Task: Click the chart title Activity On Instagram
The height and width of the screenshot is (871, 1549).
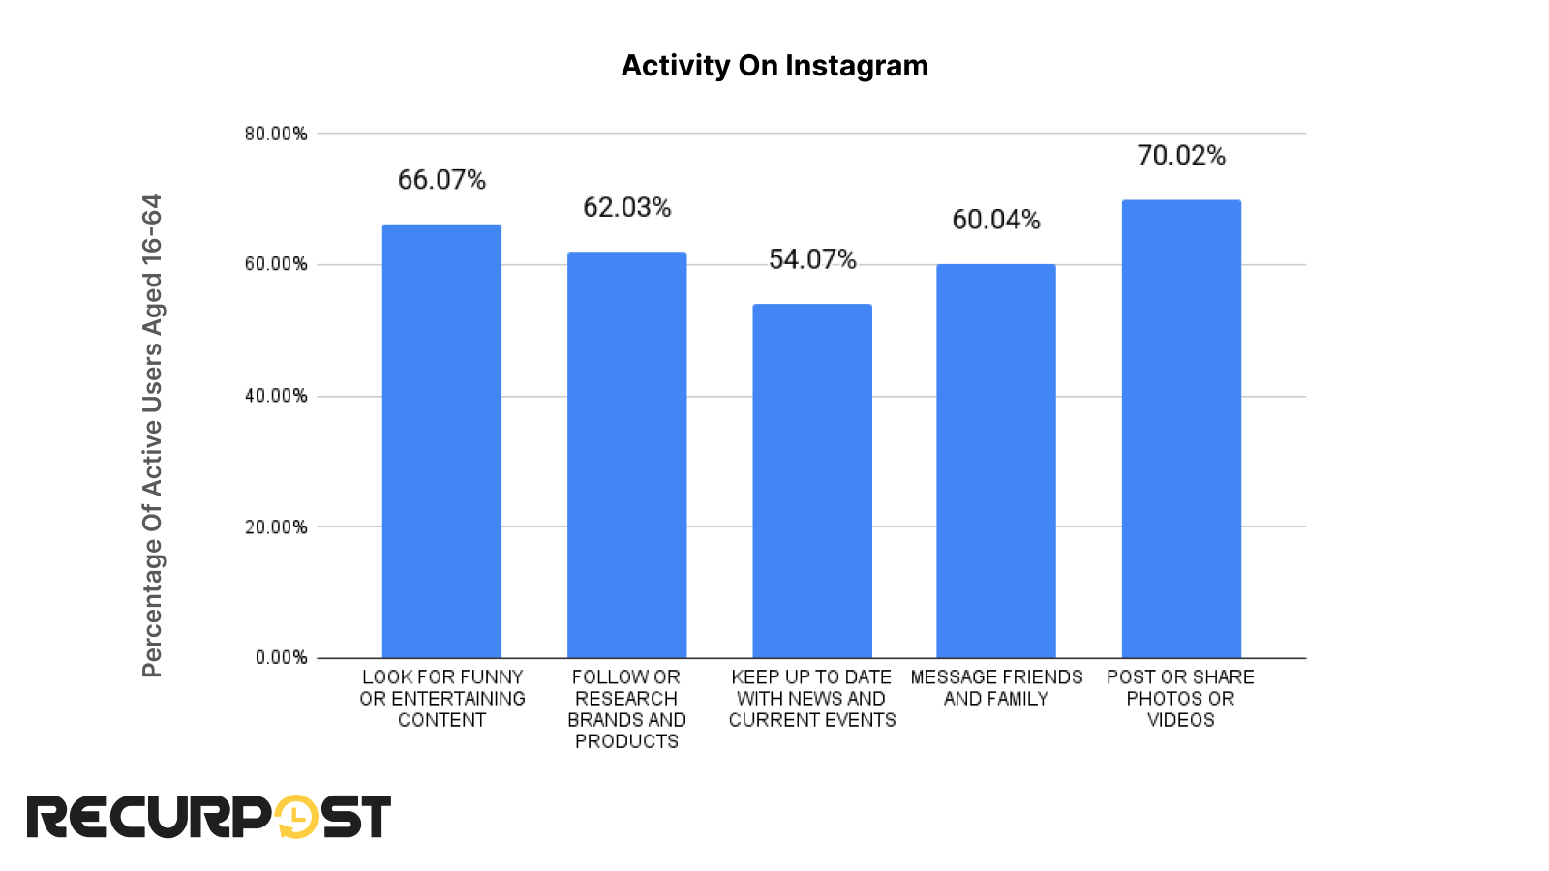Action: coord(774,66)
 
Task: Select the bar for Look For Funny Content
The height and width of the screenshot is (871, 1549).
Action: coord(441,441)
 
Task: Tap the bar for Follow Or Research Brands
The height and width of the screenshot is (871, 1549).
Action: coord(626,455)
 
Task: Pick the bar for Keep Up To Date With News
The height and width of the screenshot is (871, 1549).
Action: coord(812,481)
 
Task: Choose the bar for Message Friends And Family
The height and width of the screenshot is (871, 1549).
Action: coord(996,462)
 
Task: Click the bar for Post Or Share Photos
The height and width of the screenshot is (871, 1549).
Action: coord(1181,429)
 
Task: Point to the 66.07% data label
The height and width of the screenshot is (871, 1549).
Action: coord(441,180)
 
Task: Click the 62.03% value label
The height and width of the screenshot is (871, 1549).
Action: coord(626,207)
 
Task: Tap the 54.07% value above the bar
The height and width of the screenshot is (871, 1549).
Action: coord(812,259)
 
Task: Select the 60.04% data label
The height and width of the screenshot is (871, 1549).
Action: coord(996,220)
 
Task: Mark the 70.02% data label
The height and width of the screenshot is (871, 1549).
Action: coord(1181,156)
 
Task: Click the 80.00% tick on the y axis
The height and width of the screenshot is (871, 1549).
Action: coord(276,134)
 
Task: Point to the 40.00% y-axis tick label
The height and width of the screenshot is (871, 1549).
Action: coord(276,396)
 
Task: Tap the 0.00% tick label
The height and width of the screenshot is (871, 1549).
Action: coord(281,658)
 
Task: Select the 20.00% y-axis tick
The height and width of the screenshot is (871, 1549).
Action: coord(276,527)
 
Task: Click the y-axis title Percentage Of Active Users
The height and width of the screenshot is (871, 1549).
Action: coord(152,435)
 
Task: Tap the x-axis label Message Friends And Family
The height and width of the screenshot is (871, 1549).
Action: coord(996,687)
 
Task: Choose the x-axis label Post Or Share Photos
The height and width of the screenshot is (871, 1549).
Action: coord(1181,698)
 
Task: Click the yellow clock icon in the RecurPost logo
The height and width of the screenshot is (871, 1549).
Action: coord(296,817)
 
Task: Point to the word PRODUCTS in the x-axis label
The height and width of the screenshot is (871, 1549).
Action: coord(626,741)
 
